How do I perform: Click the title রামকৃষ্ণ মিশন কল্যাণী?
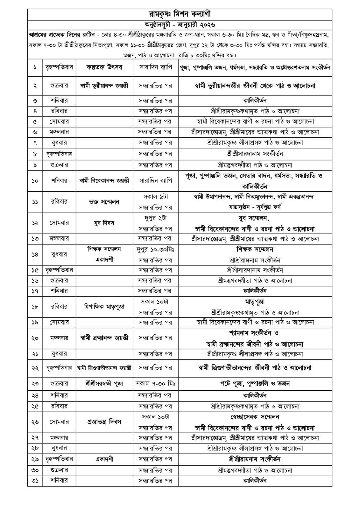180,14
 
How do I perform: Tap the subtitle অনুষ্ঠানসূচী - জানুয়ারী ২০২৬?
180,24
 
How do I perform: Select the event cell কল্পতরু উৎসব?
104,67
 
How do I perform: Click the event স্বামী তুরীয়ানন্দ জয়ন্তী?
104,86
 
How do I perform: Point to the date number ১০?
35,181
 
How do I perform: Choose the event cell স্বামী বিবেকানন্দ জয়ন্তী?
104,181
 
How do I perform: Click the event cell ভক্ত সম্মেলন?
104,202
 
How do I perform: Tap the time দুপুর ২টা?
155,218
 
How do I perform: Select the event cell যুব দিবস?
104,223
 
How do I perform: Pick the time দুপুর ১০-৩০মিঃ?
155,249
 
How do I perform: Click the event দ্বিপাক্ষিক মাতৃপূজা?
104,307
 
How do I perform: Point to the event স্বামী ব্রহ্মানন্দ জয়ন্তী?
104,338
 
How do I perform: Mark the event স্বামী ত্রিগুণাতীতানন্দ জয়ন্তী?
104,368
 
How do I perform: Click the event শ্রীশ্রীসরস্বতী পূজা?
104,384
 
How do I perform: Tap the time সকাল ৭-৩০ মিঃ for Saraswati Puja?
155,384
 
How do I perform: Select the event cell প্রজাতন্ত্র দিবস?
104,422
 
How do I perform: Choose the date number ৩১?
35,481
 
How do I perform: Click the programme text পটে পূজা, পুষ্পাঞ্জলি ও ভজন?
255,384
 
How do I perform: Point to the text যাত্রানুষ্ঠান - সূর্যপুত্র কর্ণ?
255,207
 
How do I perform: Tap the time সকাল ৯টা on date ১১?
155,197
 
